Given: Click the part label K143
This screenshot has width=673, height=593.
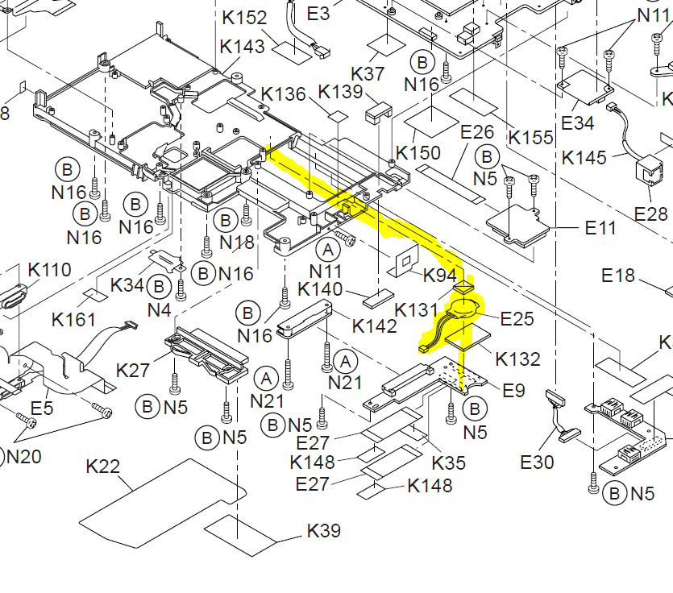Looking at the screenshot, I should point(243,47).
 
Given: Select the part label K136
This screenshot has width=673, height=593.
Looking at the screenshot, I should point(283,94).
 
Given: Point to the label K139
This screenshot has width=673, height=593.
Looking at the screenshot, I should point(341,92).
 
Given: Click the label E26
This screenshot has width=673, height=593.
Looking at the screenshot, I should point(476,131).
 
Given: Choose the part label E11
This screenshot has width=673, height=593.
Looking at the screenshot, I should point(600,228).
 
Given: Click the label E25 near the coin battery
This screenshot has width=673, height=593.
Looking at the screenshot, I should point(517,318).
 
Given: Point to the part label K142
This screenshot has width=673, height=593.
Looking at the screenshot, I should point(375,326).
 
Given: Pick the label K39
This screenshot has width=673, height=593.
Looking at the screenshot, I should point(324,531).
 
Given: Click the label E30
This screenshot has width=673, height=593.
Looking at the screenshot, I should point(538,462).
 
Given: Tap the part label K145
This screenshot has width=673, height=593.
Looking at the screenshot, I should point(584,157).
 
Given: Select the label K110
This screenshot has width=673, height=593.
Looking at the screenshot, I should point(49,269).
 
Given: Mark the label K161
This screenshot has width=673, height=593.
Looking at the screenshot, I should point(73,320).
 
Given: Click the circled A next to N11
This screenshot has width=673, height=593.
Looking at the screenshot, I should point(328,248).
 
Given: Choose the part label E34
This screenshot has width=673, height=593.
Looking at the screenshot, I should point(577,122).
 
